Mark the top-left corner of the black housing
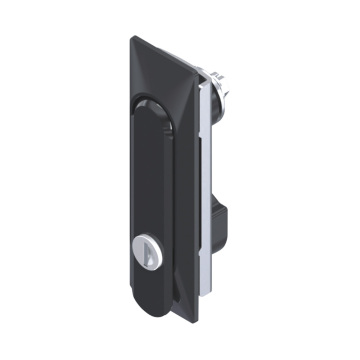(x=133, y=38)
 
